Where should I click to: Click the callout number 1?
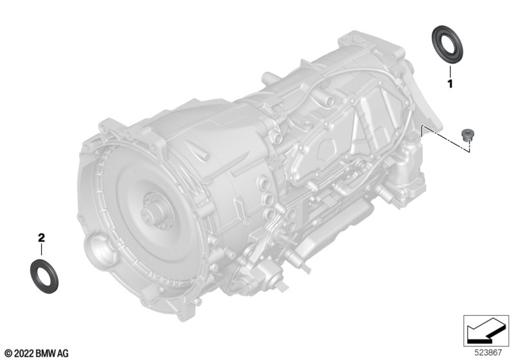click(450, 84)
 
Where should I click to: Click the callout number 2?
click(41, 238)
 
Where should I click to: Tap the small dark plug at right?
click(465, 134)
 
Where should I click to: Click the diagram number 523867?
click(488, 353)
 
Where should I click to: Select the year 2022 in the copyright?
click(24, 354)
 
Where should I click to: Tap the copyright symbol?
click(9, 354)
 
